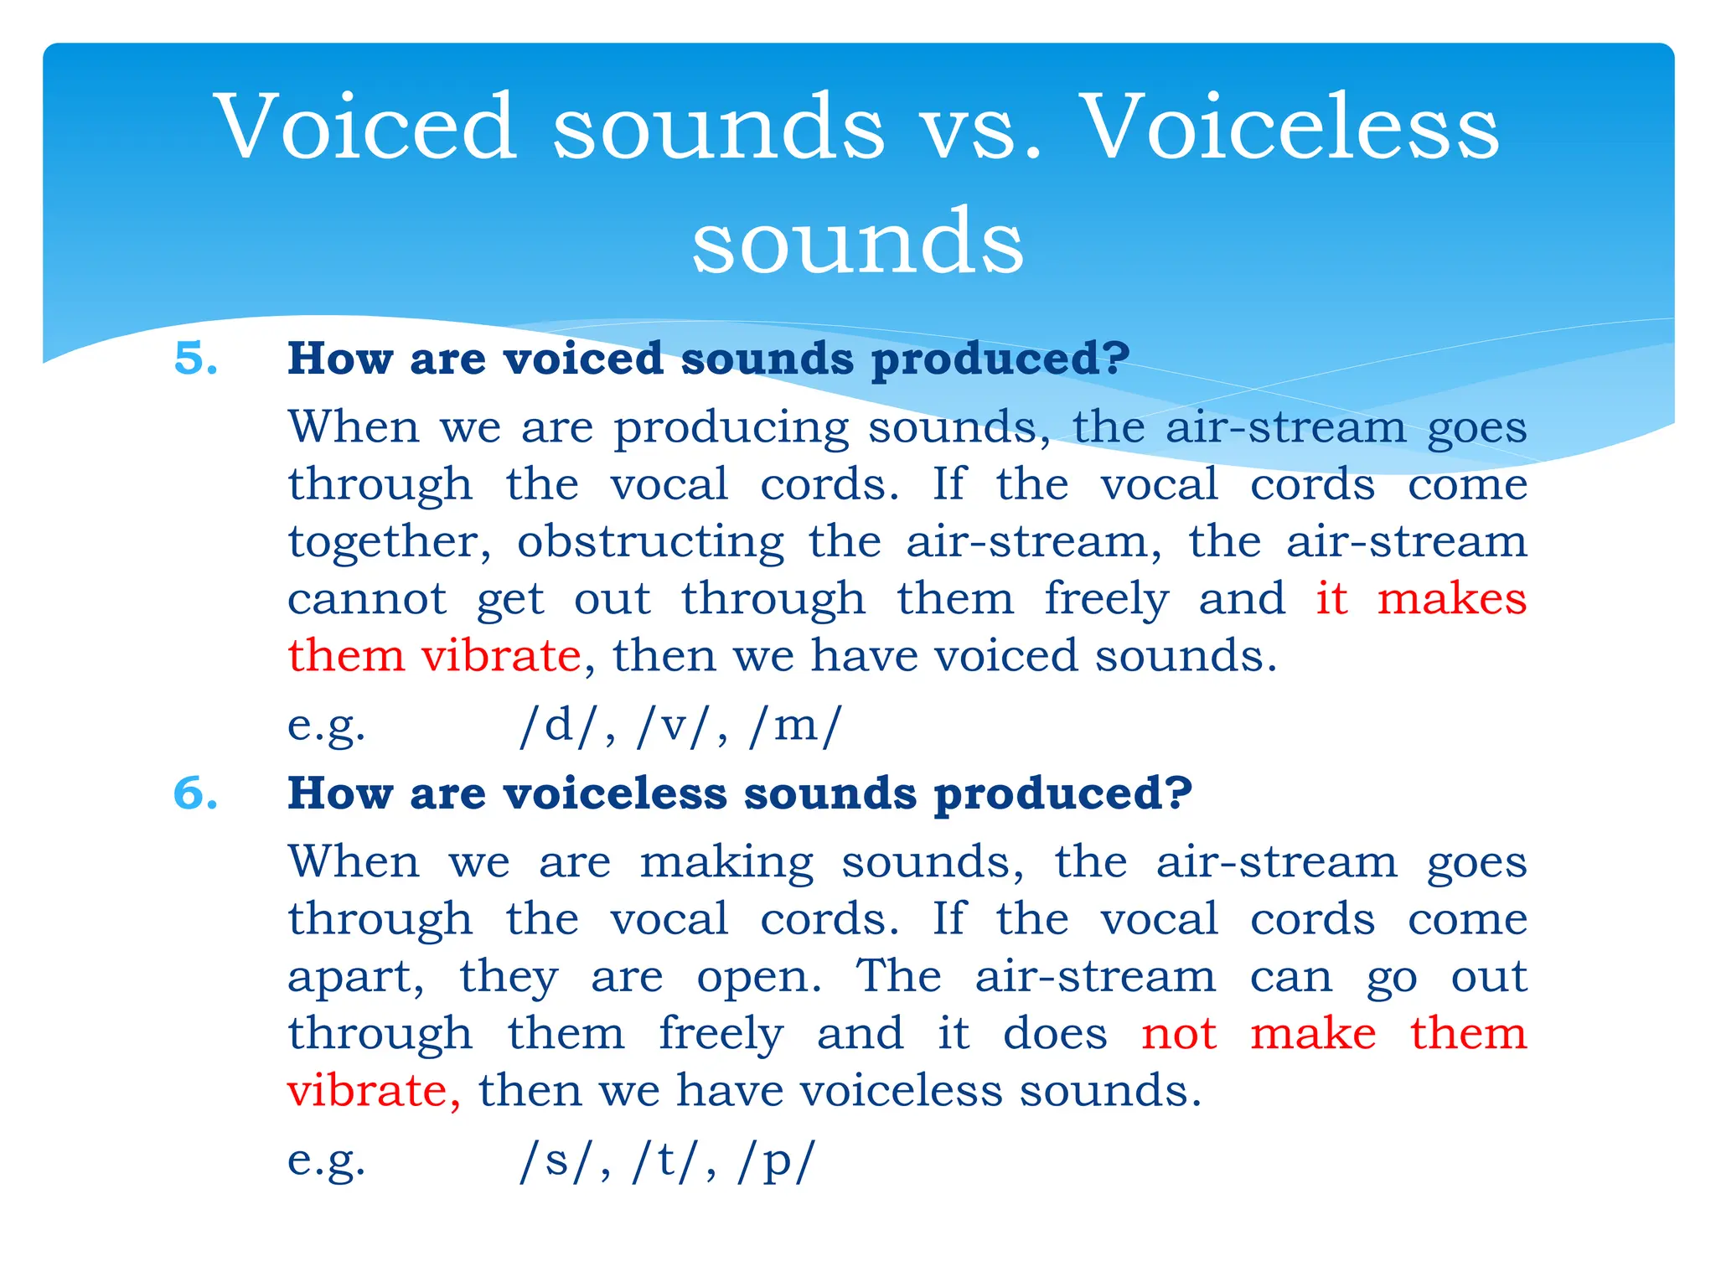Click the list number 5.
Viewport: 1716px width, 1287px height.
coord(195,359)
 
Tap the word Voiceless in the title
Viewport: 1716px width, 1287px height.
coord(1290,127)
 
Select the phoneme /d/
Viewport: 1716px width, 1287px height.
coord(559,726)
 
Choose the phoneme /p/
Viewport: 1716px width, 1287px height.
coord(776,1162)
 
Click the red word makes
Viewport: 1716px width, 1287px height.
coord(1451,599)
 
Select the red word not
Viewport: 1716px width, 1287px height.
coord(1178,1034)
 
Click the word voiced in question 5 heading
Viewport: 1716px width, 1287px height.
coord(583,359)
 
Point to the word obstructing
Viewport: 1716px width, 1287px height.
coord(650,542)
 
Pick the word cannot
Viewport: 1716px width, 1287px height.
coord(367,599)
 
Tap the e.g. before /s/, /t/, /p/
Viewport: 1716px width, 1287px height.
coord(326,1162)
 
